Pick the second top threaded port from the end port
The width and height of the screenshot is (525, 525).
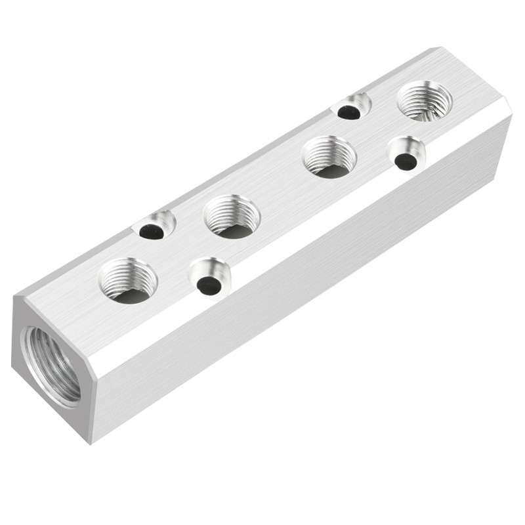232,217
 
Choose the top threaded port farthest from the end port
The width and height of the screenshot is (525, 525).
425,100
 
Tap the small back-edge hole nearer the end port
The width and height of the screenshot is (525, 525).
154,226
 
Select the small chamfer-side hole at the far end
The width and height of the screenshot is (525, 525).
406,154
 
